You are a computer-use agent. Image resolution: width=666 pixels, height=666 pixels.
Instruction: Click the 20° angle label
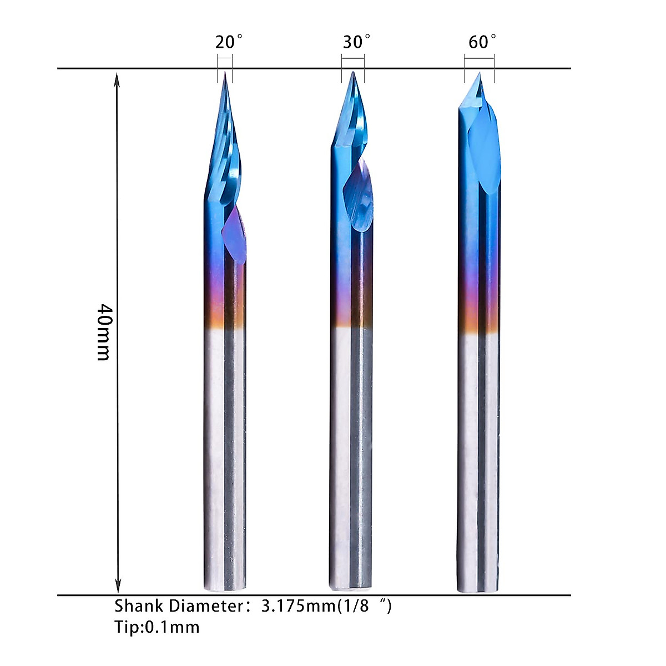[x=228, y=42]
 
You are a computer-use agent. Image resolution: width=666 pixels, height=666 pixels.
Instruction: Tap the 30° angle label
[x=356, y=42]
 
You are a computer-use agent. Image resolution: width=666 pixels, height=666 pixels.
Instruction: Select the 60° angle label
[x=482, y=42]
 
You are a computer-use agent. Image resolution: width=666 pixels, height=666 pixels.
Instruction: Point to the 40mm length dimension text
[x=104, y=332]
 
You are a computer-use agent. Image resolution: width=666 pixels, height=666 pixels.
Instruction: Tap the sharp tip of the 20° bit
[x=225, y=73]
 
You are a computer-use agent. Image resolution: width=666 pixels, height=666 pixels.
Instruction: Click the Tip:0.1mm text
[x=157, y=627]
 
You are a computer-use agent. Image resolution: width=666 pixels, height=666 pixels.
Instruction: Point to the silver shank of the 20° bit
[x=225, y=455]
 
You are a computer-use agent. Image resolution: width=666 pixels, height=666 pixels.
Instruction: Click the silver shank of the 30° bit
[x=351, y=455]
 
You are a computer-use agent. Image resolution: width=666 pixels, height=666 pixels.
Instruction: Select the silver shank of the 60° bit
[x=479, y=455]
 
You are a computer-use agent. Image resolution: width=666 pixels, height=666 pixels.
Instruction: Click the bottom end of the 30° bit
[x=351, y=585]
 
